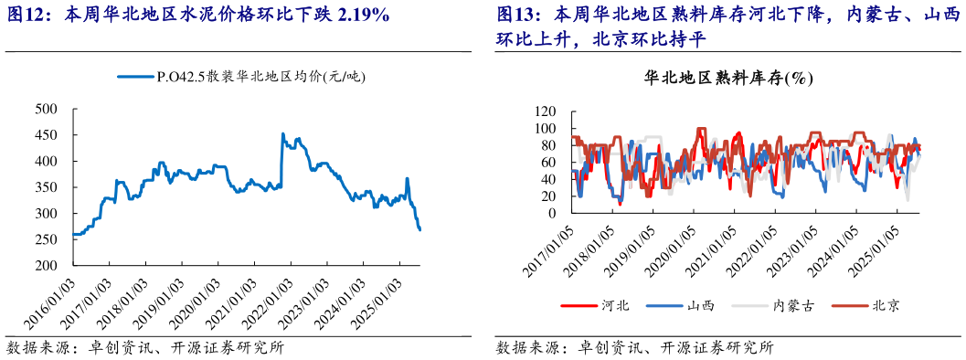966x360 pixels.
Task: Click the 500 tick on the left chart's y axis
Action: (x=46, y=109)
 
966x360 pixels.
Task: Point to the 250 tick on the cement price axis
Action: (x=46, y=239)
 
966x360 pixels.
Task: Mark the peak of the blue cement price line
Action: (x=282, y=134)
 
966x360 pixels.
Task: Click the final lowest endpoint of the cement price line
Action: (x=419, y=229)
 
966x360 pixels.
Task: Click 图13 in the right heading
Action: (x=517, y=16)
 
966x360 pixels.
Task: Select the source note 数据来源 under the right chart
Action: (x=525, y=347)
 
